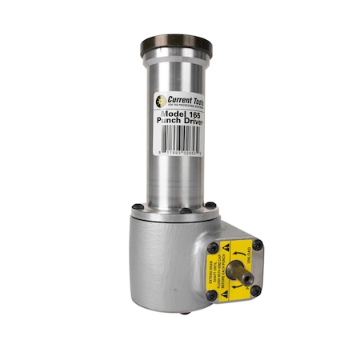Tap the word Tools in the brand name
pos(197,103)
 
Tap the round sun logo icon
pos(160,101)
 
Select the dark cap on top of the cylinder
pos(175,44)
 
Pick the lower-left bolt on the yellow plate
pos(212,295)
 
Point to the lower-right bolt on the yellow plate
pos(256,290)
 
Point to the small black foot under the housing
pos(185,312)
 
